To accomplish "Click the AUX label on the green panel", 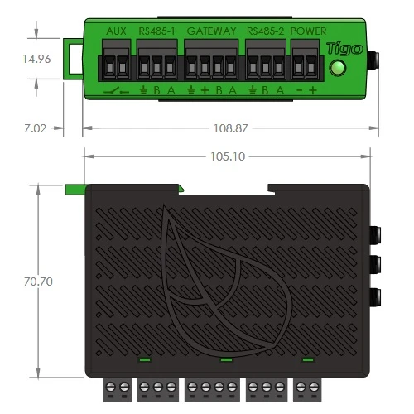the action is click(x=116, y=31).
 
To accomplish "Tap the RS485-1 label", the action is click(x=156, y=31).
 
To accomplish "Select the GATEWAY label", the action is click(x=211, y=31).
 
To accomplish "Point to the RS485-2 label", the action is click(x=265, y=31).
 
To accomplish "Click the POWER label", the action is click(x=308, y=31).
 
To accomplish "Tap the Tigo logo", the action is click(x=344, y=49).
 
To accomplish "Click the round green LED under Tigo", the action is click(x=337, y=68).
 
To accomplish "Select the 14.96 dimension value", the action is click(x=36, y=59).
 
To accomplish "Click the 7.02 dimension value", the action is click(x=36, y=128).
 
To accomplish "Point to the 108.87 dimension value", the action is click(x=231, y=128).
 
